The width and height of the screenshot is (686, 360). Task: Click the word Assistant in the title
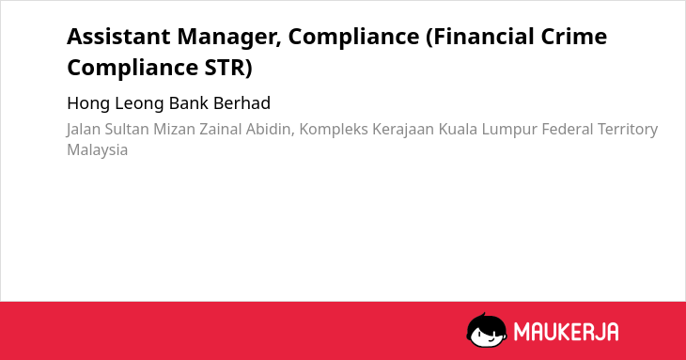pos(118,37)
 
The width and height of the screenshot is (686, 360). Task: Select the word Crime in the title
pos(574,37)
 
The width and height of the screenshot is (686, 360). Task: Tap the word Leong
pos(140,103)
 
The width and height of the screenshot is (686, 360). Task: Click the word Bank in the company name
pos(189,103)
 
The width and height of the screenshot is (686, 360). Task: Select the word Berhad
pos(242,103)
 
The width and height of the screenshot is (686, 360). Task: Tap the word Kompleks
pos(334,130)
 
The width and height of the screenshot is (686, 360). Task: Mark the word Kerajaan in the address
pos(403,130)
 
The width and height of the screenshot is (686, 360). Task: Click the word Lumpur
pos(509,130)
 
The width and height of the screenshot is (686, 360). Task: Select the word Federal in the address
pos(568,130)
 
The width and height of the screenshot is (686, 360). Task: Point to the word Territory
pos(628,130)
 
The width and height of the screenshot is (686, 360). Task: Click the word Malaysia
pos(97,150)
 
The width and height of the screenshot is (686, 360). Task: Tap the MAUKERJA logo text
pos(566,332)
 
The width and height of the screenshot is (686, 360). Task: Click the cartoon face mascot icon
pos(487,330)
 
